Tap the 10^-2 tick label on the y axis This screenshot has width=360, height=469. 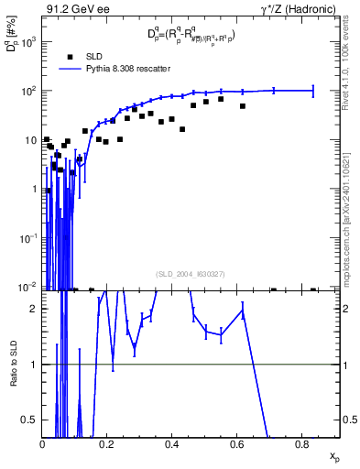(x=27, y=288)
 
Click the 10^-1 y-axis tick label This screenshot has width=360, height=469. (x=27, y=238)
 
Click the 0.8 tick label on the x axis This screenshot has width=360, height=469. (x=301, y=442)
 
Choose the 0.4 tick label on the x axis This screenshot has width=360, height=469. (x=171, y=442)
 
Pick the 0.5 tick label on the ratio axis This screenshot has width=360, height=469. (x=30, y=420)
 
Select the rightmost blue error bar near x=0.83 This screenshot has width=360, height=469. (x=313, y=91)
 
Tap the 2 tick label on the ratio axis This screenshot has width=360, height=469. (x=33, y=309)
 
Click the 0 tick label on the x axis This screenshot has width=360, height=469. (x=42, y=442)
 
